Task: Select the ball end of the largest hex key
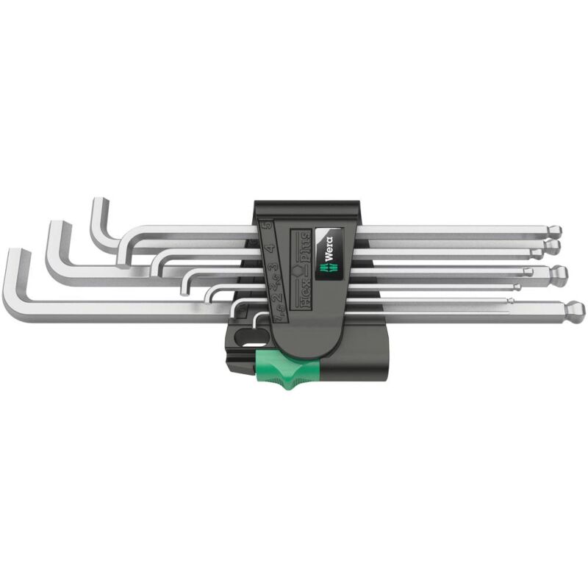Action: click(575, 308)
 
